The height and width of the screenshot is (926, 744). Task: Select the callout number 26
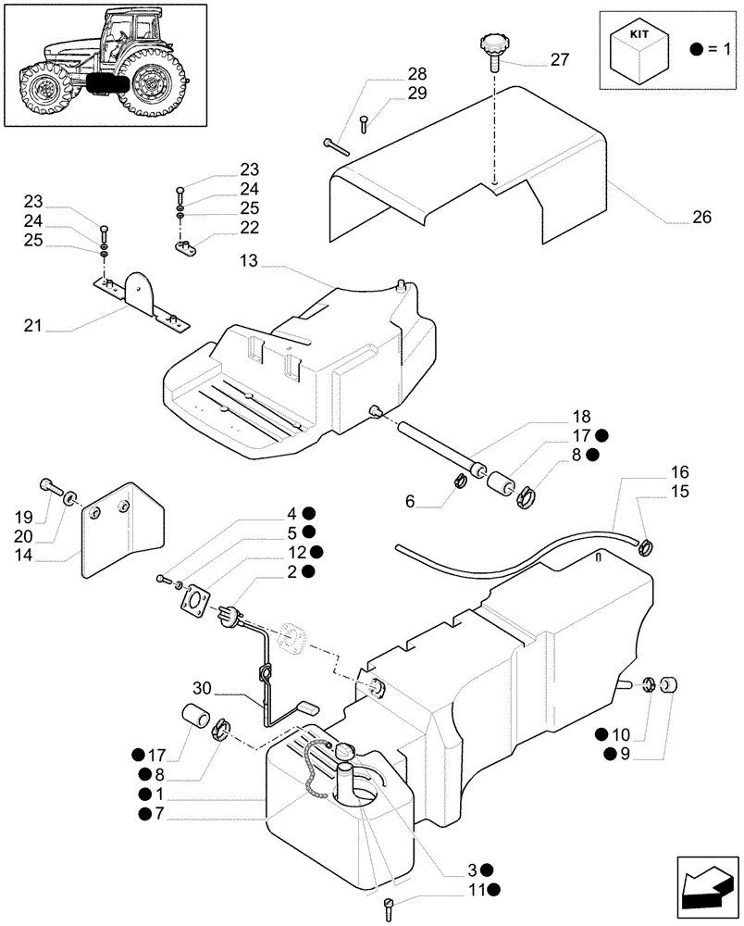tap(701, 219)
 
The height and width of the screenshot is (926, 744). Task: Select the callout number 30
tap(204, 688)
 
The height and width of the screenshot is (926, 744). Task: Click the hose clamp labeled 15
tap(645, 546)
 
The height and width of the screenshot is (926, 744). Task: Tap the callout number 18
tap(580, 417)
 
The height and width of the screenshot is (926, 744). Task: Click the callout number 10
tap(626, 734)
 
